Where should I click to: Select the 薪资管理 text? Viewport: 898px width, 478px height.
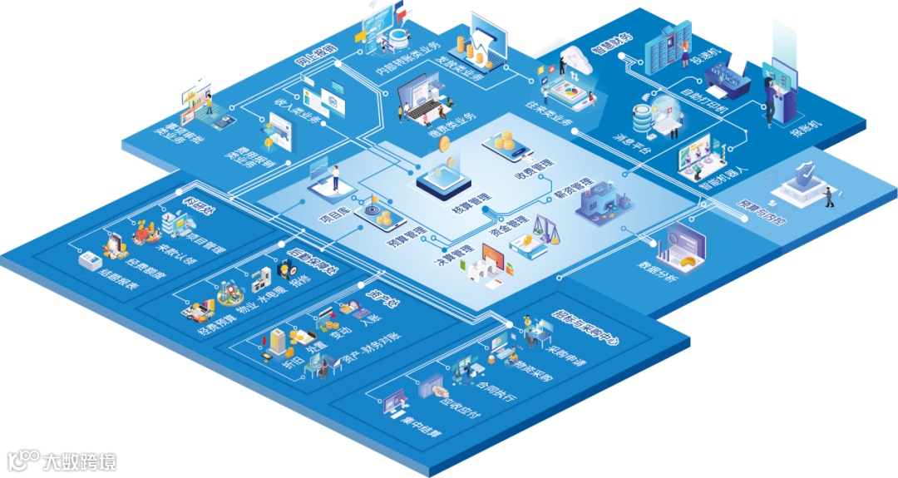pos(573,192)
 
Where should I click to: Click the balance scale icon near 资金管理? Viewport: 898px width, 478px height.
pos(543,227)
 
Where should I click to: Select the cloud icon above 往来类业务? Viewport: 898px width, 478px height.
pos(575,59)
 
